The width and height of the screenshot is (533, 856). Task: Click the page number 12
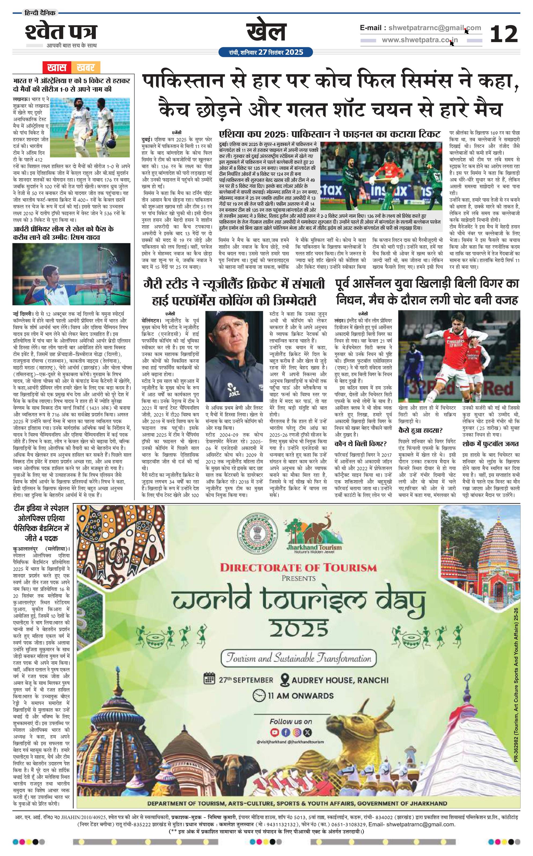pos(504,34)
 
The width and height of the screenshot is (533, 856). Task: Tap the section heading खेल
pos(266,32)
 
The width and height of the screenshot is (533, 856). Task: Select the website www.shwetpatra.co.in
pos(420,40)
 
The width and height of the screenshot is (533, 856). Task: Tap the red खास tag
pos(57,67)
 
